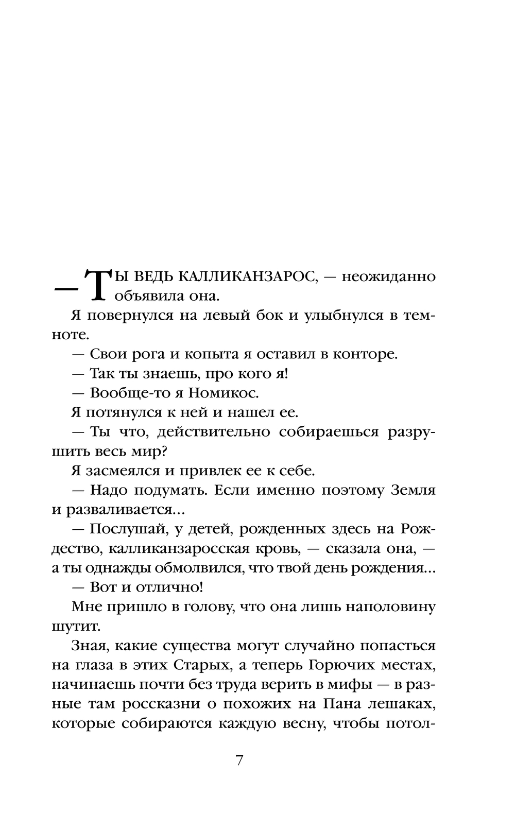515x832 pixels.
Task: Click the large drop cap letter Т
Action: (100, 286)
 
